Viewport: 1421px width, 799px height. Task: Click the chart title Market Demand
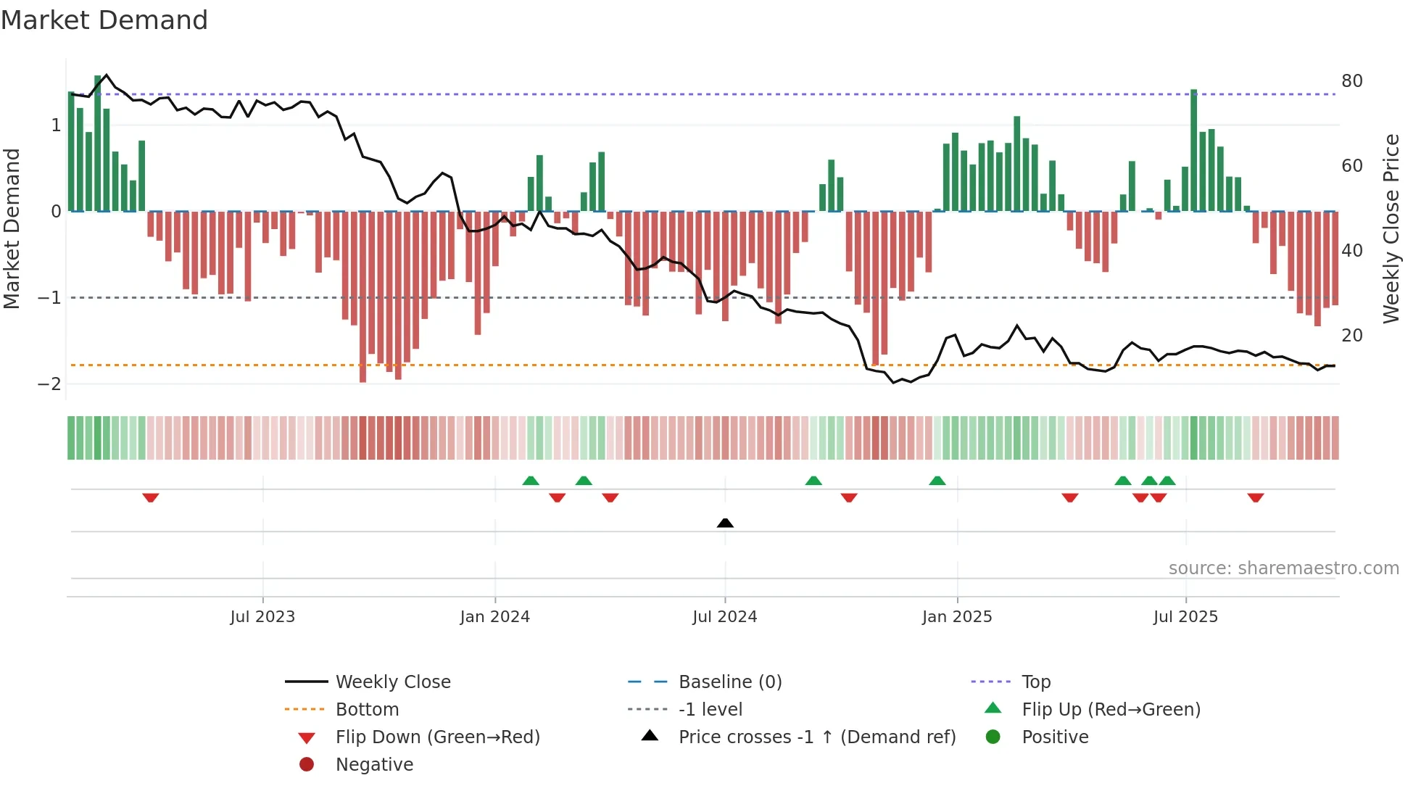tap(104, 20)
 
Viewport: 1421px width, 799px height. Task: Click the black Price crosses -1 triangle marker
tap(725, 523)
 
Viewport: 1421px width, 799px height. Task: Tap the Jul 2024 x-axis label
tap(724, 617)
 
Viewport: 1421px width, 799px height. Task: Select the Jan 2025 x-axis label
tap(956, 617)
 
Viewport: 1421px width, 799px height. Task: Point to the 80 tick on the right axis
tap(1351, 81)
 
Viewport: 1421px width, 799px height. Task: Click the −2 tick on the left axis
tap(49, 384)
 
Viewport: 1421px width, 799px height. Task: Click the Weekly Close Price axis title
tap(1391, 228)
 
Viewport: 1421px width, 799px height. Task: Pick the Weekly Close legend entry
tap(392, 682)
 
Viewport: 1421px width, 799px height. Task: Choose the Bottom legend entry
tap(367, 710)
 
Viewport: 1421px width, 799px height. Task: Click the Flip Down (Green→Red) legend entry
tap(437, 737)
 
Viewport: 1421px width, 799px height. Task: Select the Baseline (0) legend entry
tap(729, 682)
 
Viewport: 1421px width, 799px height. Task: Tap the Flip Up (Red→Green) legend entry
tap(1111, 710)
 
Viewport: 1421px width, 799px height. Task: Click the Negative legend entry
tap(374, 765)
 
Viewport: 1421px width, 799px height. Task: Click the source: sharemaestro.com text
tap(1283, 568)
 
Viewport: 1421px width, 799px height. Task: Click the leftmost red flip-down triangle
tap(151, 497)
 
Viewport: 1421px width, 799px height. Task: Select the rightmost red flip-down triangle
tap(1256, 497)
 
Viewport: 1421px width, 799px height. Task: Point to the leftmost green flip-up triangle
tap(531, 481)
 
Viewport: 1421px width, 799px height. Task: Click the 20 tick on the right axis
tap(1351, 336)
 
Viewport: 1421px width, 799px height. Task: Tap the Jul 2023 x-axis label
tap(262, 617)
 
